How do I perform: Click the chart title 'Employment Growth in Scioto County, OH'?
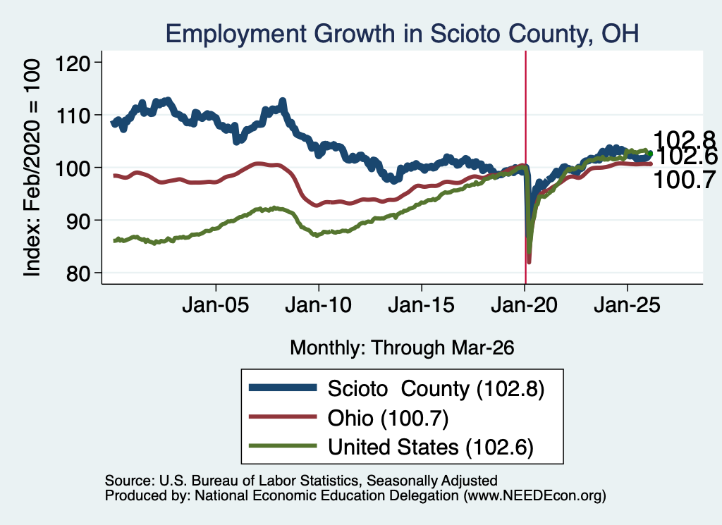coord(402,34)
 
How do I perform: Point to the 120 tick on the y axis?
coord(73,63)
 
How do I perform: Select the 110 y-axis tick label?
coord(73,115)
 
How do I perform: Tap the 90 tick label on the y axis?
coord(78,221)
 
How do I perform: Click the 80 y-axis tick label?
coord(78,273)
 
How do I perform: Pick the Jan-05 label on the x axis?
coord(216,305)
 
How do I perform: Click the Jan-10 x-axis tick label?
coord(318,305)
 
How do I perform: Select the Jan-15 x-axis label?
coord(422,305)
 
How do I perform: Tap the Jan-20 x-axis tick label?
coord(524,305)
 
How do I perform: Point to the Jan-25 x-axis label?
coord(627,305)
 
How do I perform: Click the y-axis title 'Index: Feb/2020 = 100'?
coord(32,168)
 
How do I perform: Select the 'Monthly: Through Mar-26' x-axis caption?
coord(402,348)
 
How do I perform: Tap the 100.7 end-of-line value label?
coord(684,180)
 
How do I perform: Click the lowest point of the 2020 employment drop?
coord(529,262)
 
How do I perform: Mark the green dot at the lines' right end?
coord(650,154)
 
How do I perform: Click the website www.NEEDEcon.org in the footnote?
coord(534,495)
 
